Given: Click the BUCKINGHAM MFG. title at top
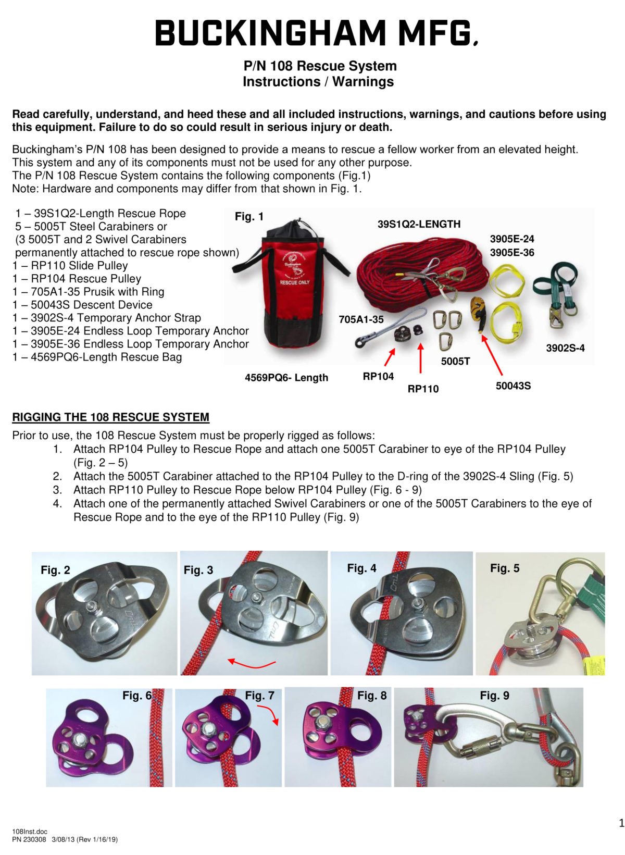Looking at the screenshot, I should coord(316,33).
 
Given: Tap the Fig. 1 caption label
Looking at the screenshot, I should coord(249,217).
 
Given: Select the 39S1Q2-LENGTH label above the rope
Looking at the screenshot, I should coord(419,224).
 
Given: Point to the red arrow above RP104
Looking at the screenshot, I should coord(389,358).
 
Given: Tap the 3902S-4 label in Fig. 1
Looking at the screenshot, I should coord(565,348).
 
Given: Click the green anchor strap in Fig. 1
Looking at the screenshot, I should coord(556,292).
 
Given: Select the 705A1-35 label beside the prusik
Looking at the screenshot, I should coord(361,319).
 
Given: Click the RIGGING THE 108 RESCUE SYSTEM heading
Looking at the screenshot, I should coord(110,417).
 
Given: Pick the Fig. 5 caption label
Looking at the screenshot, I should coord(504,568).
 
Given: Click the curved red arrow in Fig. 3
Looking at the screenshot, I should coord(252,663).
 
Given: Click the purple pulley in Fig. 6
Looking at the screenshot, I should coord(91,740).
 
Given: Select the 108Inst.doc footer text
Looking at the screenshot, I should coord(30,832).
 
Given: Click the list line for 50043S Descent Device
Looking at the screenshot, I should coord(83,305).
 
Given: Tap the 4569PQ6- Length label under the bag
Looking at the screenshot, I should coord(286,378).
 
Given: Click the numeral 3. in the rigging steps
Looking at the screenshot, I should coord(57,490).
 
